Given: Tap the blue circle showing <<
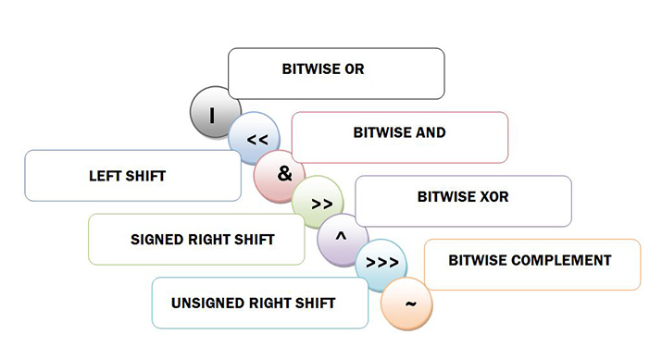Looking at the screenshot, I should pyautogui.click(x=256, y=141).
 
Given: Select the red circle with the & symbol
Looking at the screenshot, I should pyautogui.click(x=283, y=174).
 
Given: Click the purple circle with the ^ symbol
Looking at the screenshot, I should pyautogui.click(x=342, y=237).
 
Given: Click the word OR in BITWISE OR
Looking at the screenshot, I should pyautogui.click(x=354, y=69).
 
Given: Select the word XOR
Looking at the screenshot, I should pyautogui.click(x=493, y=197).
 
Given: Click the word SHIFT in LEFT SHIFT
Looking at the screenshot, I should pyautogui.click(x=146, y=175).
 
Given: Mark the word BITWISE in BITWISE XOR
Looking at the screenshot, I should pyautogui.click(x=446, y=197).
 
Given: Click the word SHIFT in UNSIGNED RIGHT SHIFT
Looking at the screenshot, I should pyautogui.click(x=315, y=304).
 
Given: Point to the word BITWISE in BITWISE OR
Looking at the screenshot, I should pyautogui.click(x=312, y=69).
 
